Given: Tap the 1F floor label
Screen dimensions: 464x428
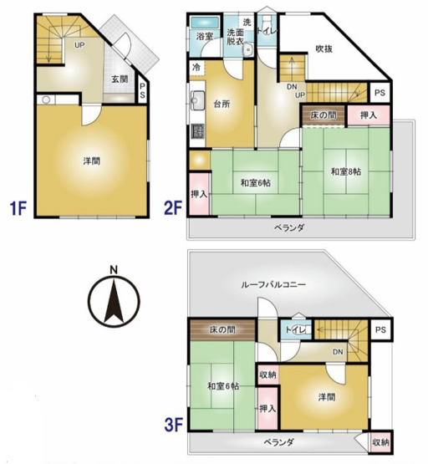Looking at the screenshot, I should [x=21, y=206].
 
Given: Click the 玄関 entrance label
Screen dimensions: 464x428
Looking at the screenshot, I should [x=118, y=80].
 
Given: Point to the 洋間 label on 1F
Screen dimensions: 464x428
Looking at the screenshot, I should [x=92, y=159].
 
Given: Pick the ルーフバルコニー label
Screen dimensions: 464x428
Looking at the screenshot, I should [x=274, y=285].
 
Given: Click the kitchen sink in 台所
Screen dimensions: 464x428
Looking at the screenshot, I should [x=197, y=103].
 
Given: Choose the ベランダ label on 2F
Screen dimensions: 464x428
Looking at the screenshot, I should [x=288, y=227].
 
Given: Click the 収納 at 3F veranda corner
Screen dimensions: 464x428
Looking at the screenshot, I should [x=380, y=441].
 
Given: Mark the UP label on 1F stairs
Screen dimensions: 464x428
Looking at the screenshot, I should [x=80, y=45].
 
